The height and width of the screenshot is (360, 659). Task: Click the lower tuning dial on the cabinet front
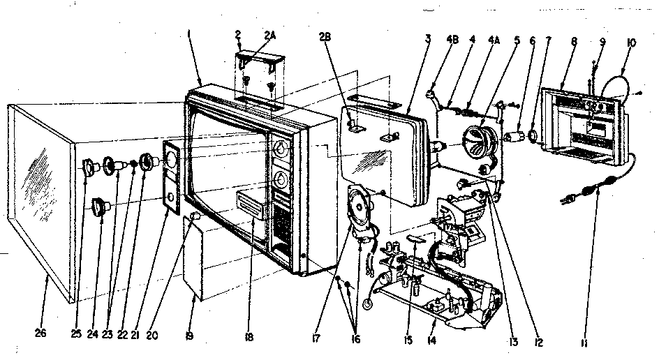(281, 179)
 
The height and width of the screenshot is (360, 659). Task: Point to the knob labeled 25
(90, 167)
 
